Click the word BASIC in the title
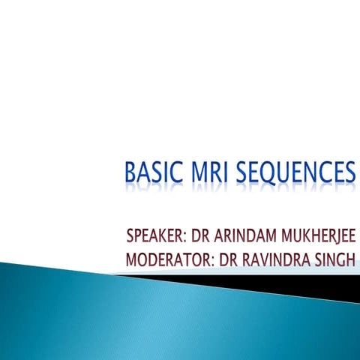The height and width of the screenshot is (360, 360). point(151,172)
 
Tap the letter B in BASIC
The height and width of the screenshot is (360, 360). point(130,172)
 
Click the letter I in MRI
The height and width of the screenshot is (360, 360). point(224,172)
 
